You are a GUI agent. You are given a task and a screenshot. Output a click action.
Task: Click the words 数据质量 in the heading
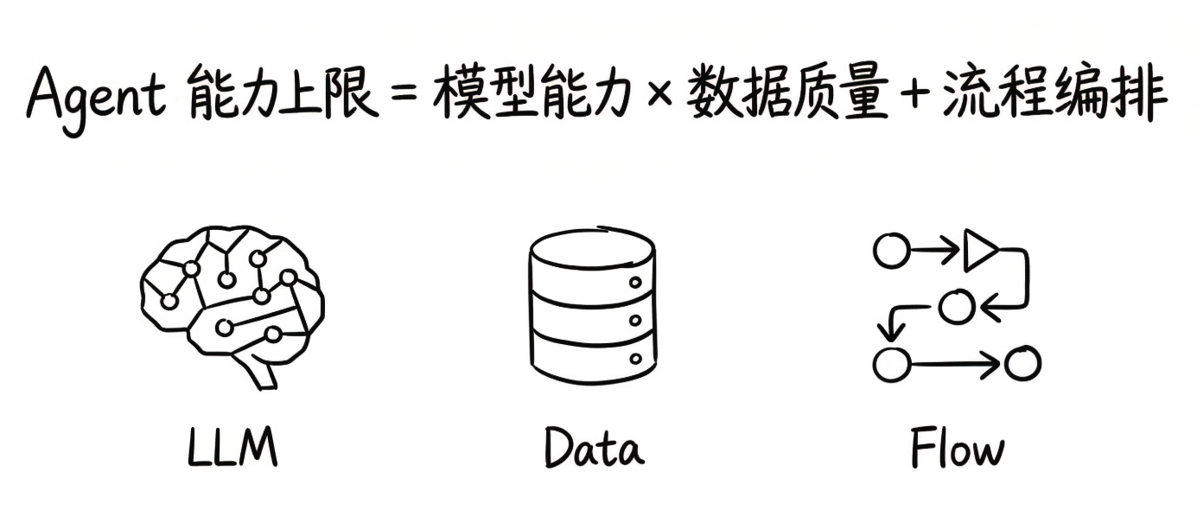tap(788, 95)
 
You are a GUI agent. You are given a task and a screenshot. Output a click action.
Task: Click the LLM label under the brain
tap(232, 448)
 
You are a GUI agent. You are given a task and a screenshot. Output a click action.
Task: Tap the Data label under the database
tap(593, 448)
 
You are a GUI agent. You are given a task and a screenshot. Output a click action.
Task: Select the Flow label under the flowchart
tap(957, 448)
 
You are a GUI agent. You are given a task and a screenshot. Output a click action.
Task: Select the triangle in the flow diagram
tap(980, 252)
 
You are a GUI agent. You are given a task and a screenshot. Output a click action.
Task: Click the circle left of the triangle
tap(891, 252)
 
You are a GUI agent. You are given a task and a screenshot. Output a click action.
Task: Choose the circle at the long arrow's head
tap(1022, 364)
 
